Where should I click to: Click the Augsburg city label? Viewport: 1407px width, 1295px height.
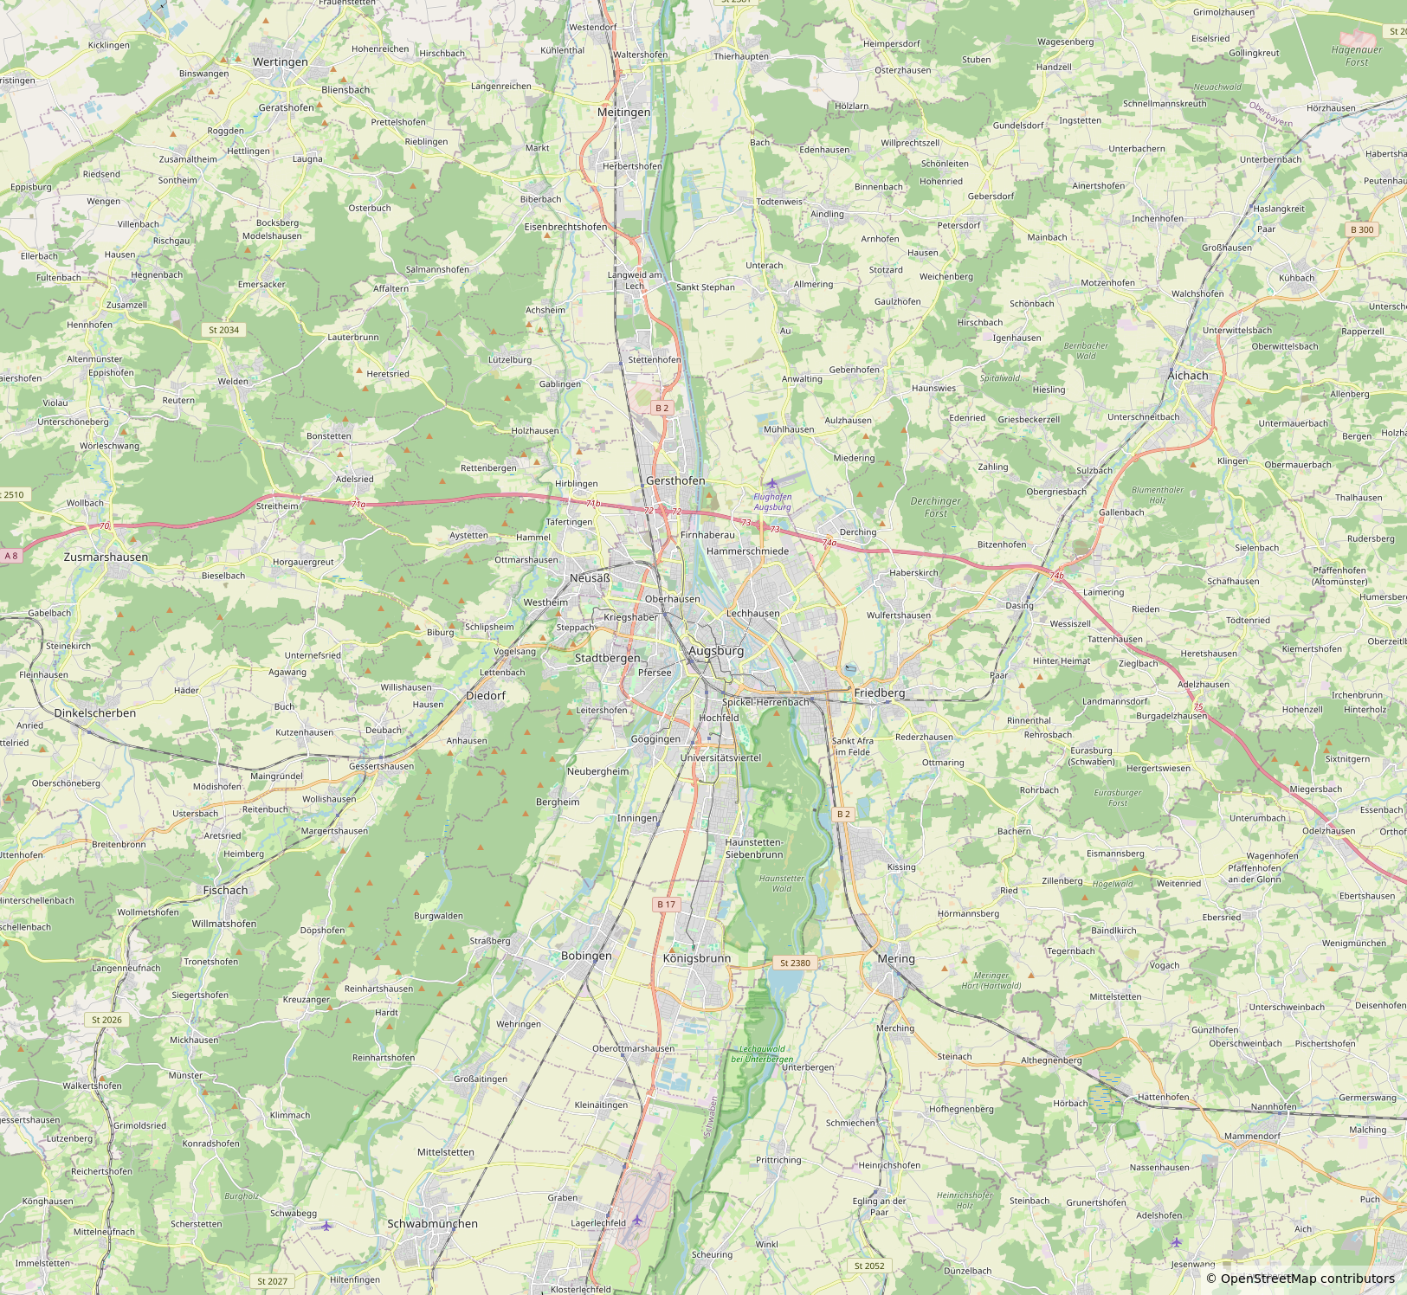click(x=716, y=651)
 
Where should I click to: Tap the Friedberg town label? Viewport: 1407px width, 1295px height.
click(x=879, y=693)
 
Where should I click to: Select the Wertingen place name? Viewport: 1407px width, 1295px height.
click(x=280, y=62)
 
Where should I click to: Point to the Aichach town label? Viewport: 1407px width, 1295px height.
click(x=1188, y=376)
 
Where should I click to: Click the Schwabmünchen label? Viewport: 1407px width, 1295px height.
click(x=432, y=1224)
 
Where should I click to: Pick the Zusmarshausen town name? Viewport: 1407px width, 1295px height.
click(x=106, y=557)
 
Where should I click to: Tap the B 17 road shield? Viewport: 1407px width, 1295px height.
click(x=666, y=905)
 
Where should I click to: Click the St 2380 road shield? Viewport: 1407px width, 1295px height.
click(x=795, y=963)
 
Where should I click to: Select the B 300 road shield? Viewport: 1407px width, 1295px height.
click(x=1362, y=229)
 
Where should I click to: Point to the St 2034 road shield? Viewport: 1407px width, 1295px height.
click(x=223, y=330)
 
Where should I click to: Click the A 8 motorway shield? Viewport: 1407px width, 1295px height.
click(x=10, y=556)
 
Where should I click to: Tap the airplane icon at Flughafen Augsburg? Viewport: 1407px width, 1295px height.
click(x=772, y=483)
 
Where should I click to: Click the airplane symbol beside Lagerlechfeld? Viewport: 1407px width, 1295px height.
click(x=638, y=1221)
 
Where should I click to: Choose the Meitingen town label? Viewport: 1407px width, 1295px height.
click(x=623, y=113)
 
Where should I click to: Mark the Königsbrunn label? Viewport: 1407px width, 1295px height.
click(x=697, y=959)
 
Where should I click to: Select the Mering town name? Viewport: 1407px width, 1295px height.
click(x=895, y=959)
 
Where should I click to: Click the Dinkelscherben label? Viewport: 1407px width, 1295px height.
click(x=95, y=713)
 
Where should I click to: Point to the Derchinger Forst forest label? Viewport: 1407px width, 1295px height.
click(x=935, y=507)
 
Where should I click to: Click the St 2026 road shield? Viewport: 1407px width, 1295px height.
click(x=106, y=1020)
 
